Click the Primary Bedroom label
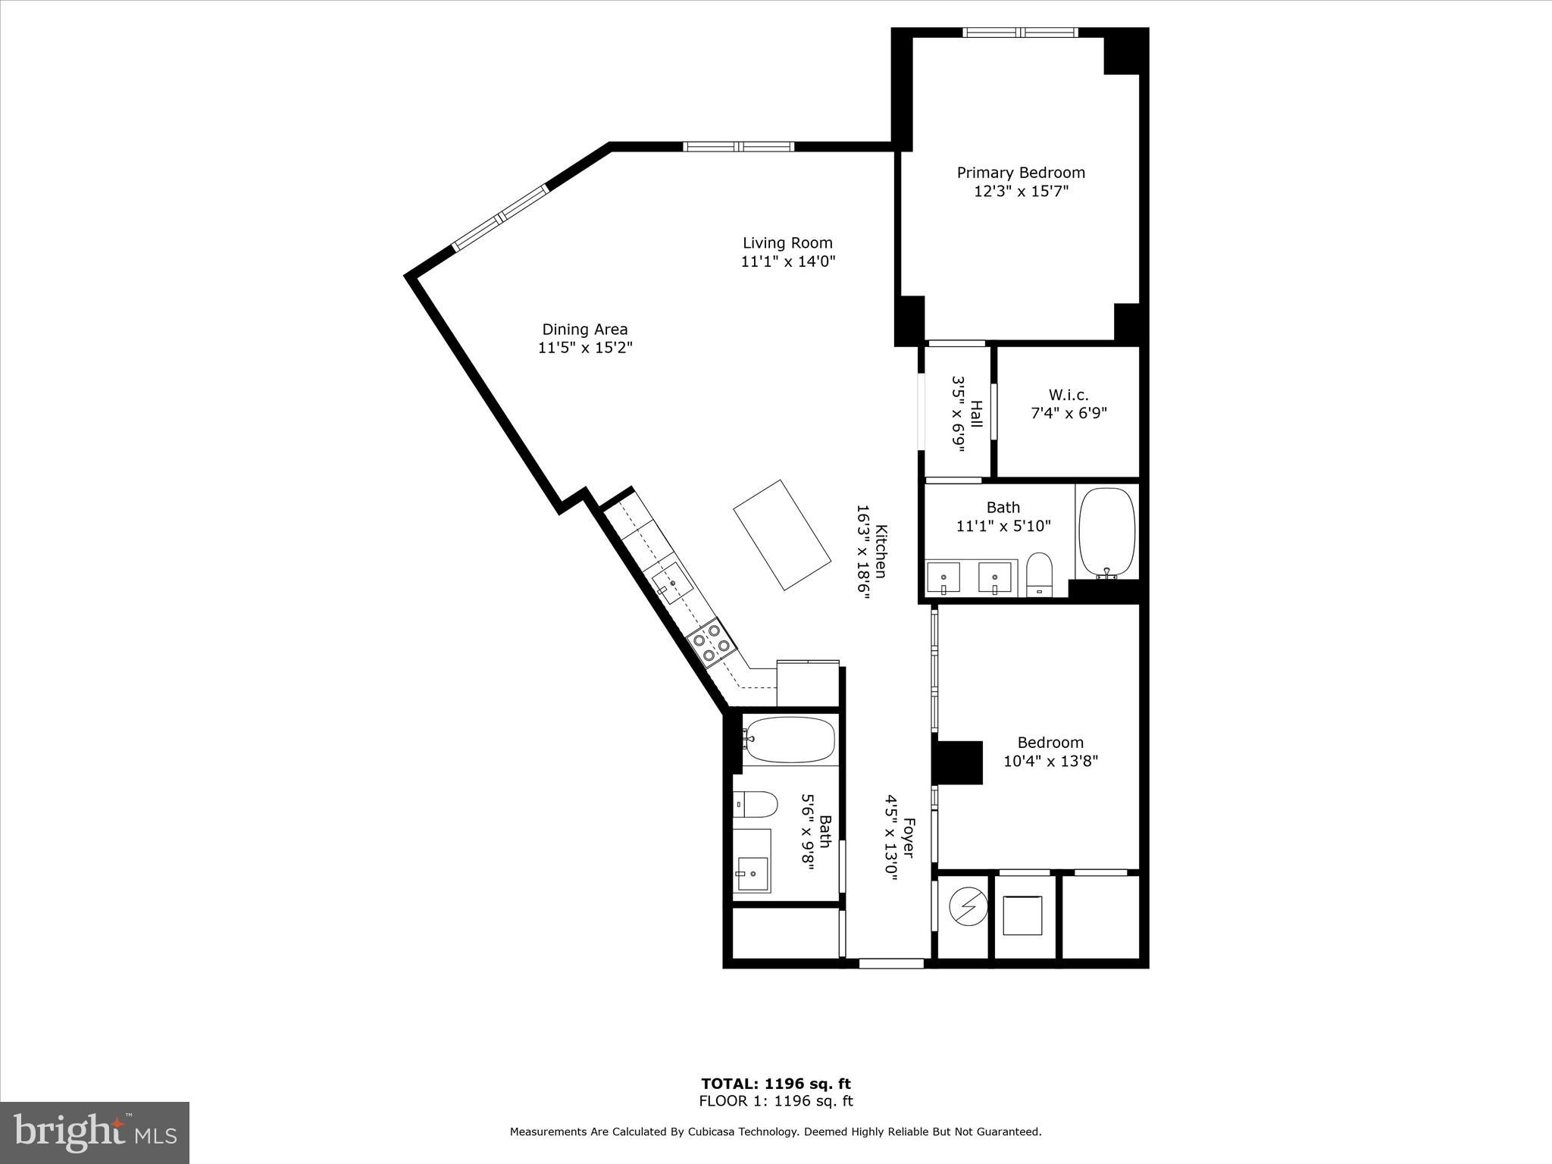pos(1021,173)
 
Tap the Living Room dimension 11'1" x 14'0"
pos(787,261)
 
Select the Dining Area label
pos(584,330)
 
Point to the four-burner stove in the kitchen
pos(712,642)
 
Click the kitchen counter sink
pos(672,583)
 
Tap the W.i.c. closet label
pos(1069,395)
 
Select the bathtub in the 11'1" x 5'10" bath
pos(1106,532)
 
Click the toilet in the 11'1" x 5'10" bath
pos(1040,574)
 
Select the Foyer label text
pos(909,837)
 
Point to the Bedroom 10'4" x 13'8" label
pos(1050,752)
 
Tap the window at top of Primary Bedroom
pos(1020,32)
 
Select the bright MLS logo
pos(95,1132)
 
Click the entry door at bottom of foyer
pos(891,964)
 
